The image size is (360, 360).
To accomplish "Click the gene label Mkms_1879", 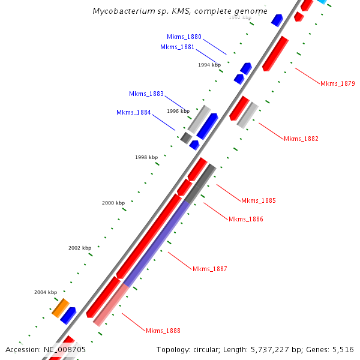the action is tap(338, 83).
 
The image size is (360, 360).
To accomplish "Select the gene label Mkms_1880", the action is tap(184, 37).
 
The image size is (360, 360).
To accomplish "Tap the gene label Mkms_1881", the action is tap(177, 47).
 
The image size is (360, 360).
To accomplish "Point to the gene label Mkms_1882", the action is tap(301, 139).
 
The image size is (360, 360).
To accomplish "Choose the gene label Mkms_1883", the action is tap(146, 94).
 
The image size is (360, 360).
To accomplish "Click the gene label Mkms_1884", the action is tap(134, 112).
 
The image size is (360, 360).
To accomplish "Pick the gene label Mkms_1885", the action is tap(259, 200).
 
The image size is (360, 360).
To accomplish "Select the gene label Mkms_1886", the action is tap(246, 219).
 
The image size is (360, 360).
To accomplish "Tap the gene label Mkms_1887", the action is tap(210, 268).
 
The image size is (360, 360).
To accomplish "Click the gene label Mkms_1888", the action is tap(163, 331).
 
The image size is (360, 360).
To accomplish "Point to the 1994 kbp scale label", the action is tap(209, 64).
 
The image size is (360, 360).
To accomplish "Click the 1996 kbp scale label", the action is tap(178, 111).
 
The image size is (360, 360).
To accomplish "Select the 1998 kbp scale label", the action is tap(146, 157).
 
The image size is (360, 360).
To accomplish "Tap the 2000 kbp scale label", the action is tap(113, 203).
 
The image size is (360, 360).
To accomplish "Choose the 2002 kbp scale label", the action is tap(80, 247).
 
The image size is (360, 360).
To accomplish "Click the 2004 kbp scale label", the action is tap(46, 292).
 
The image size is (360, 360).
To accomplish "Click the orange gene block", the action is tap(60, 308).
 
